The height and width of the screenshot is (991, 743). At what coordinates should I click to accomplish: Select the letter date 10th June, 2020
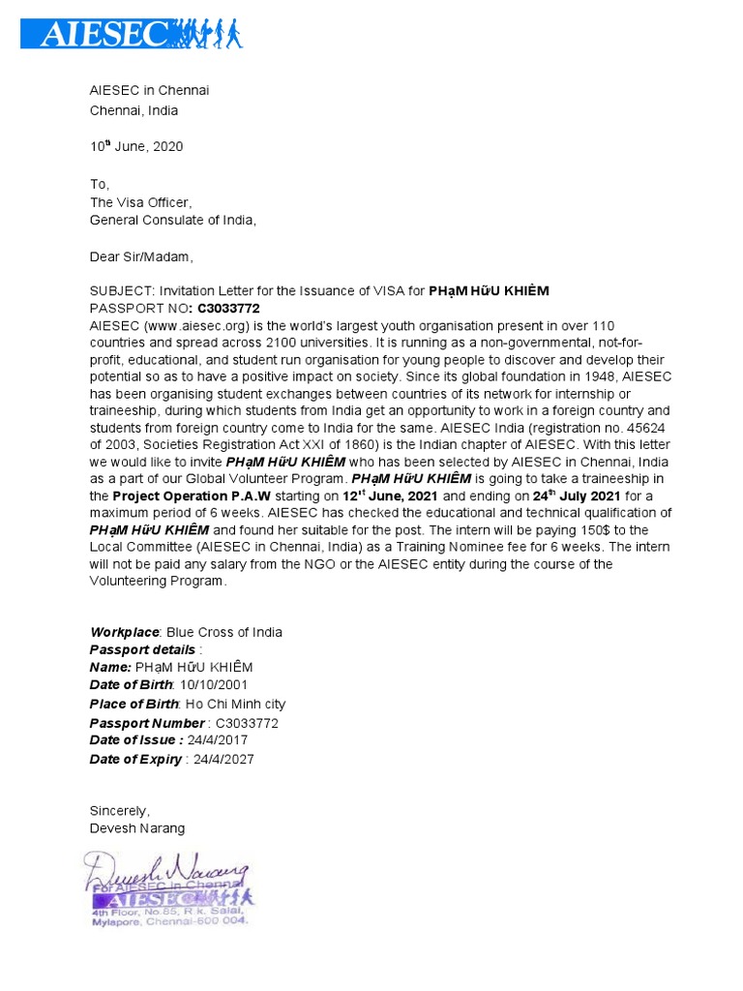(136, 147)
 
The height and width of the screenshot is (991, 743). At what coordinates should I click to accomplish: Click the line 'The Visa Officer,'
(141, 202)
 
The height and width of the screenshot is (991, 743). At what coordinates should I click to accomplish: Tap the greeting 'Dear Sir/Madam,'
(141, 256)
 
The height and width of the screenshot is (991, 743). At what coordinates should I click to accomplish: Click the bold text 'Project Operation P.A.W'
(191, 495)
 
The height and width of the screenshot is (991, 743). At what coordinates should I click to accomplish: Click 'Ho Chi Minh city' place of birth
(235, 704)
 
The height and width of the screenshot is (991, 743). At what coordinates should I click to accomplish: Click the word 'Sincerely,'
(120, 810)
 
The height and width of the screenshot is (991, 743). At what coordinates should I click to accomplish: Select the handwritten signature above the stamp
(166, 869)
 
